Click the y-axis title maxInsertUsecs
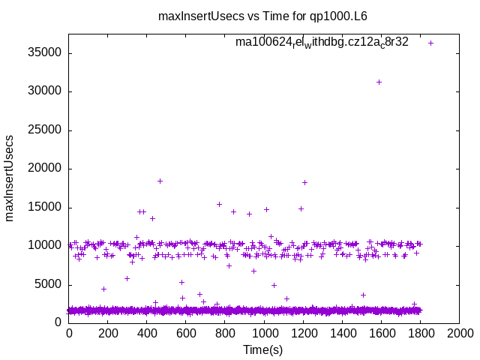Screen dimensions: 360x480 10,178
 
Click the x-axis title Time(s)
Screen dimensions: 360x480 263,349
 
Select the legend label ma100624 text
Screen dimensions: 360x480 322,42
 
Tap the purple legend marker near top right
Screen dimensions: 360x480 430,43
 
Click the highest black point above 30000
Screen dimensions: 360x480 379,82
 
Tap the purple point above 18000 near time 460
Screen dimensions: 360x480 160,181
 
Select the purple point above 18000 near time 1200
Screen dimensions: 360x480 304,182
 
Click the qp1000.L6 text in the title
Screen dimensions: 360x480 340,16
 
